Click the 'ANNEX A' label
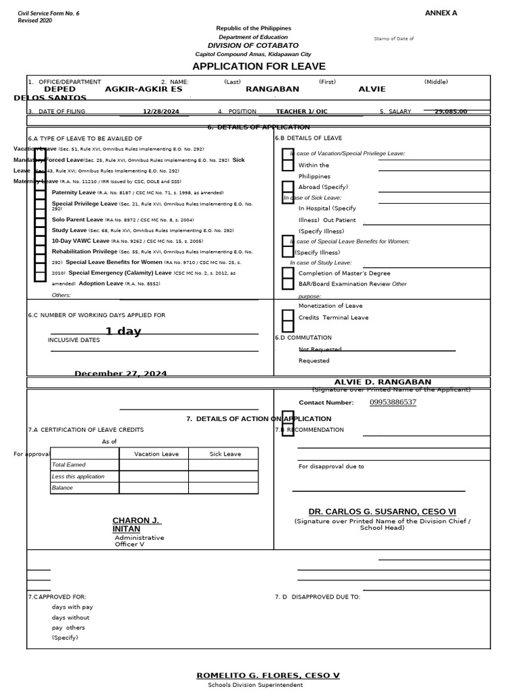coord(440,13)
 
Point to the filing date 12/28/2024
coord(161,111)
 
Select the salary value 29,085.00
coord(451,111)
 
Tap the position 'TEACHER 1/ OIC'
coord(301,111)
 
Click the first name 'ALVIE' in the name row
coord(372,89)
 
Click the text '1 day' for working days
coord(123,331)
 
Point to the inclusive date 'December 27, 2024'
coord(121,373)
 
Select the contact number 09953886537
coord(393,402)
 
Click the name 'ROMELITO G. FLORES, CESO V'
coord(268,675)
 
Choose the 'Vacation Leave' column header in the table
coord(156,454)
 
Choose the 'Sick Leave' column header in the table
coord(225,454)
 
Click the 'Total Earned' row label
coord(69,465)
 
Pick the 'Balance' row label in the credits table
coord(62,487)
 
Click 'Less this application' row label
coord(78,476)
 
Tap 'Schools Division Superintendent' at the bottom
coord(255,685)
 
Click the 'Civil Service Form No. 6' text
coord(48,13)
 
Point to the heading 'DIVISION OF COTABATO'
coord(253,45)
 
